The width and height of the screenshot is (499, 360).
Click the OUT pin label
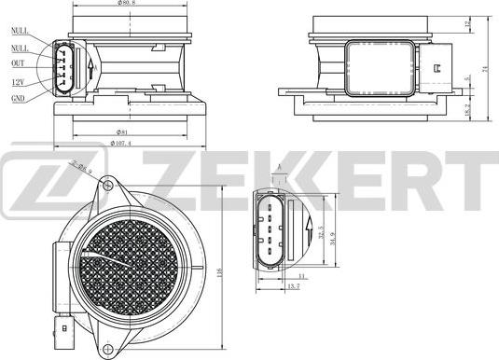[18, 63]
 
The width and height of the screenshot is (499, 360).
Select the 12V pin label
[18, 81]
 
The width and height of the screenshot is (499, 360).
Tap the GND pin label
[18, 97]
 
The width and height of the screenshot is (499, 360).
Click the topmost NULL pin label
[19, 32]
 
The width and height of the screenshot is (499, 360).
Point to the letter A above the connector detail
[278, 168]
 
